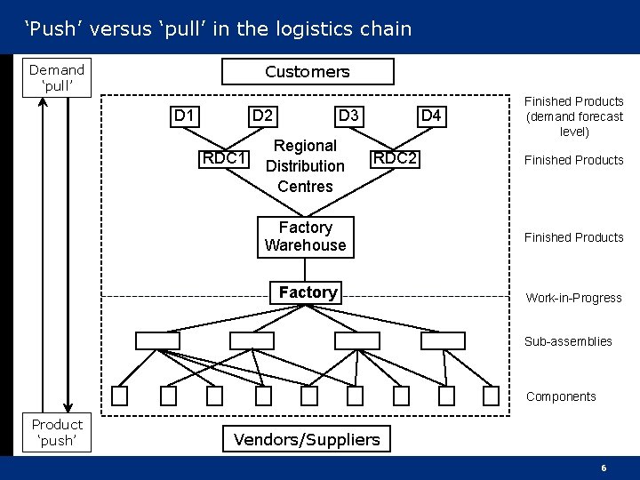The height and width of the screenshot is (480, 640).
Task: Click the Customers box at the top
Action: click(x=307, y=71)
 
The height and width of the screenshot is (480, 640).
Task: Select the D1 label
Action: click(x=186, y=116)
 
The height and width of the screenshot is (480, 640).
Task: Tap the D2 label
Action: click(x=262, y=116)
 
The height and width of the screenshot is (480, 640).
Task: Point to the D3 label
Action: click(x=348, y=116)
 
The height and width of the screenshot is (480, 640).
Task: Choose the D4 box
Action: click(x=430, y=116)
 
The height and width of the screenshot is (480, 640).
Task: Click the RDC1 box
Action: click(x=225, y=158)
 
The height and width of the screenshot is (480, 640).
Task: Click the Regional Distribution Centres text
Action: click(x=305, y=165)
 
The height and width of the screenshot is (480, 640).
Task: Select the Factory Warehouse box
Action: click(x=305, y=236)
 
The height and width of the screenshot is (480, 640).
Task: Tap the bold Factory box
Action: click(x=308, y=292)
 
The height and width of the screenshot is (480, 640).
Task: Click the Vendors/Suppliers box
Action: click(x=306, y=438)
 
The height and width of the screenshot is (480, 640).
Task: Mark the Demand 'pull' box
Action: click(x=57, y=78)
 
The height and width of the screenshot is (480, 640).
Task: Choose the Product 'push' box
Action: click(x=57, y=432)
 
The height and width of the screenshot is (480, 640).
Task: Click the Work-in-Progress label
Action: click(x=573, y=298)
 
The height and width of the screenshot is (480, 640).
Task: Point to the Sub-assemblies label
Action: click(x=568, y=341)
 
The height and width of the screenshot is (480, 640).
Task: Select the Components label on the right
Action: click(x=561, y=396)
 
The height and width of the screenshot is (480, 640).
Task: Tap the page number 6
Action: click(x=604, y=468)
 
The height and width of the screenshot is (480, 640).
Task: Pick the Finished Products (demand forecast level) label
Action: click(x=574, y=116)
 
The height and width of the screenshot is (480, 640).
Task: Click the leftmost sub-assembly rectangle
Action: click(x=157, y=340)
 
